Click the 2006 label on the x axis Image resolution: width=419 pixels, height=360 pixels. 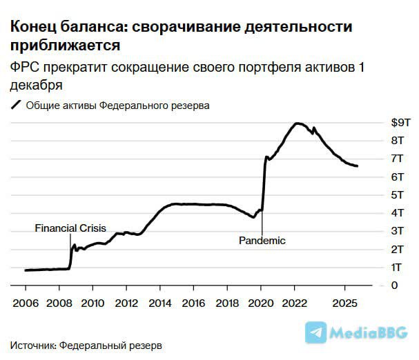click(26, 303)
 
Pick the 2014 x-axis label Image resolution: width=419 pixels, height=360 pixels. click(159, 303)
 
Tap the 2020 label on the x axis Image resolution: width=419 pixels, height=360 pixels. click(261, 303)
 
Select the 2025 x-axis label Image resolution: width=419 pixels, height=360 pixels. click(345, 303)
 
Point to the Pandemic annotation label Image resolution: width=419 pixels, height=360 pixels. click(262, 241)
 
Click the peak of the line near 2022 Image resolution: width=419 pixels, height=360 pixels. click(297, 123)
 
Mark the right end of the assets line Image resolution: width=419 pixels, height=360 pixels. click(357, 166)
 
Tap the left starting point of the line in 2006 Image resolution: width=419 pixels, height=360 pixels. click(26, 270)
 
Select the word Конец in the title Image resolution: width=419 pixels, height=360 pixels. click(31, 28)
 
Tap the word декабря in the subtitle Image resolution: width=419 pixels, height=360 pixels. click(36, 86)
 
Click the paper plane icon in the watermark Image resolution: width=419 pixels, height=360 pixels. click(315, 333)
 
